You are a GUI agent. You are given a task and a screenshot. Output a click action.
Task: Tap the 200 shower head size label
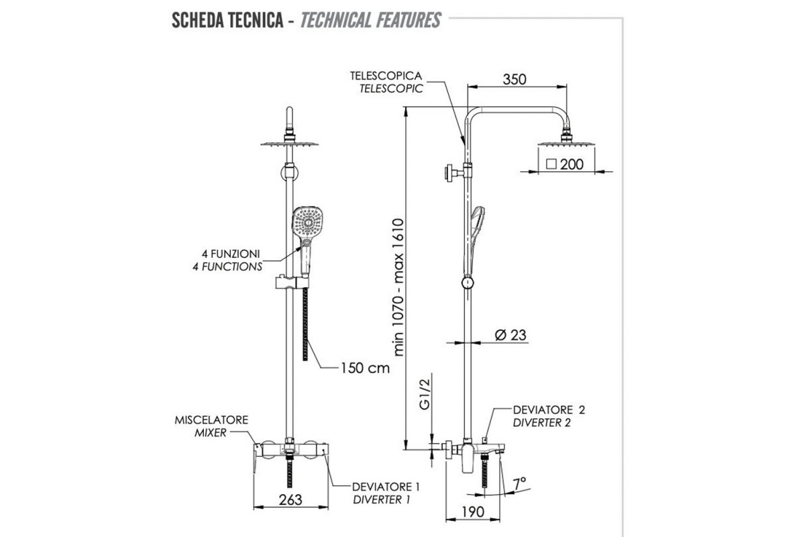point(572,163)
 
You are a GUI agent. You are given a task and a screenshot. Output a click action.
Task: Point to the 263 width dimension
point(290,499)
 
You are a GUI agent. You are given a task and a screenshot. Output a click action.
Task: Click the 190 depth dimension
point(472,512)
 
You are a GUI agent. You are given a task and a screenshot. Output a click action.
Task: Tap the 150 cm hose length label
point(364,368)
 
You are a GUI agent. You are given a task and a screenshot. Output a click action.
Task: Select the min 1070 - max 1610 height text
point(400,286)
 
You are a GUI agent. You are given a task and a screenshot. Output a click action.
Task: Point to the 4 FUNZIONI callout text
point(231,254)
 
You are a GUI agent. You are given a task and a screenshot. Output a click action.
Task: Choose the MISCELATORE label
point(211,420)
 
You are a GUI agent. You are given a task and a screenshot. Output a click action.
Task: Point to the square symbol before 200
point(551,163)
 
